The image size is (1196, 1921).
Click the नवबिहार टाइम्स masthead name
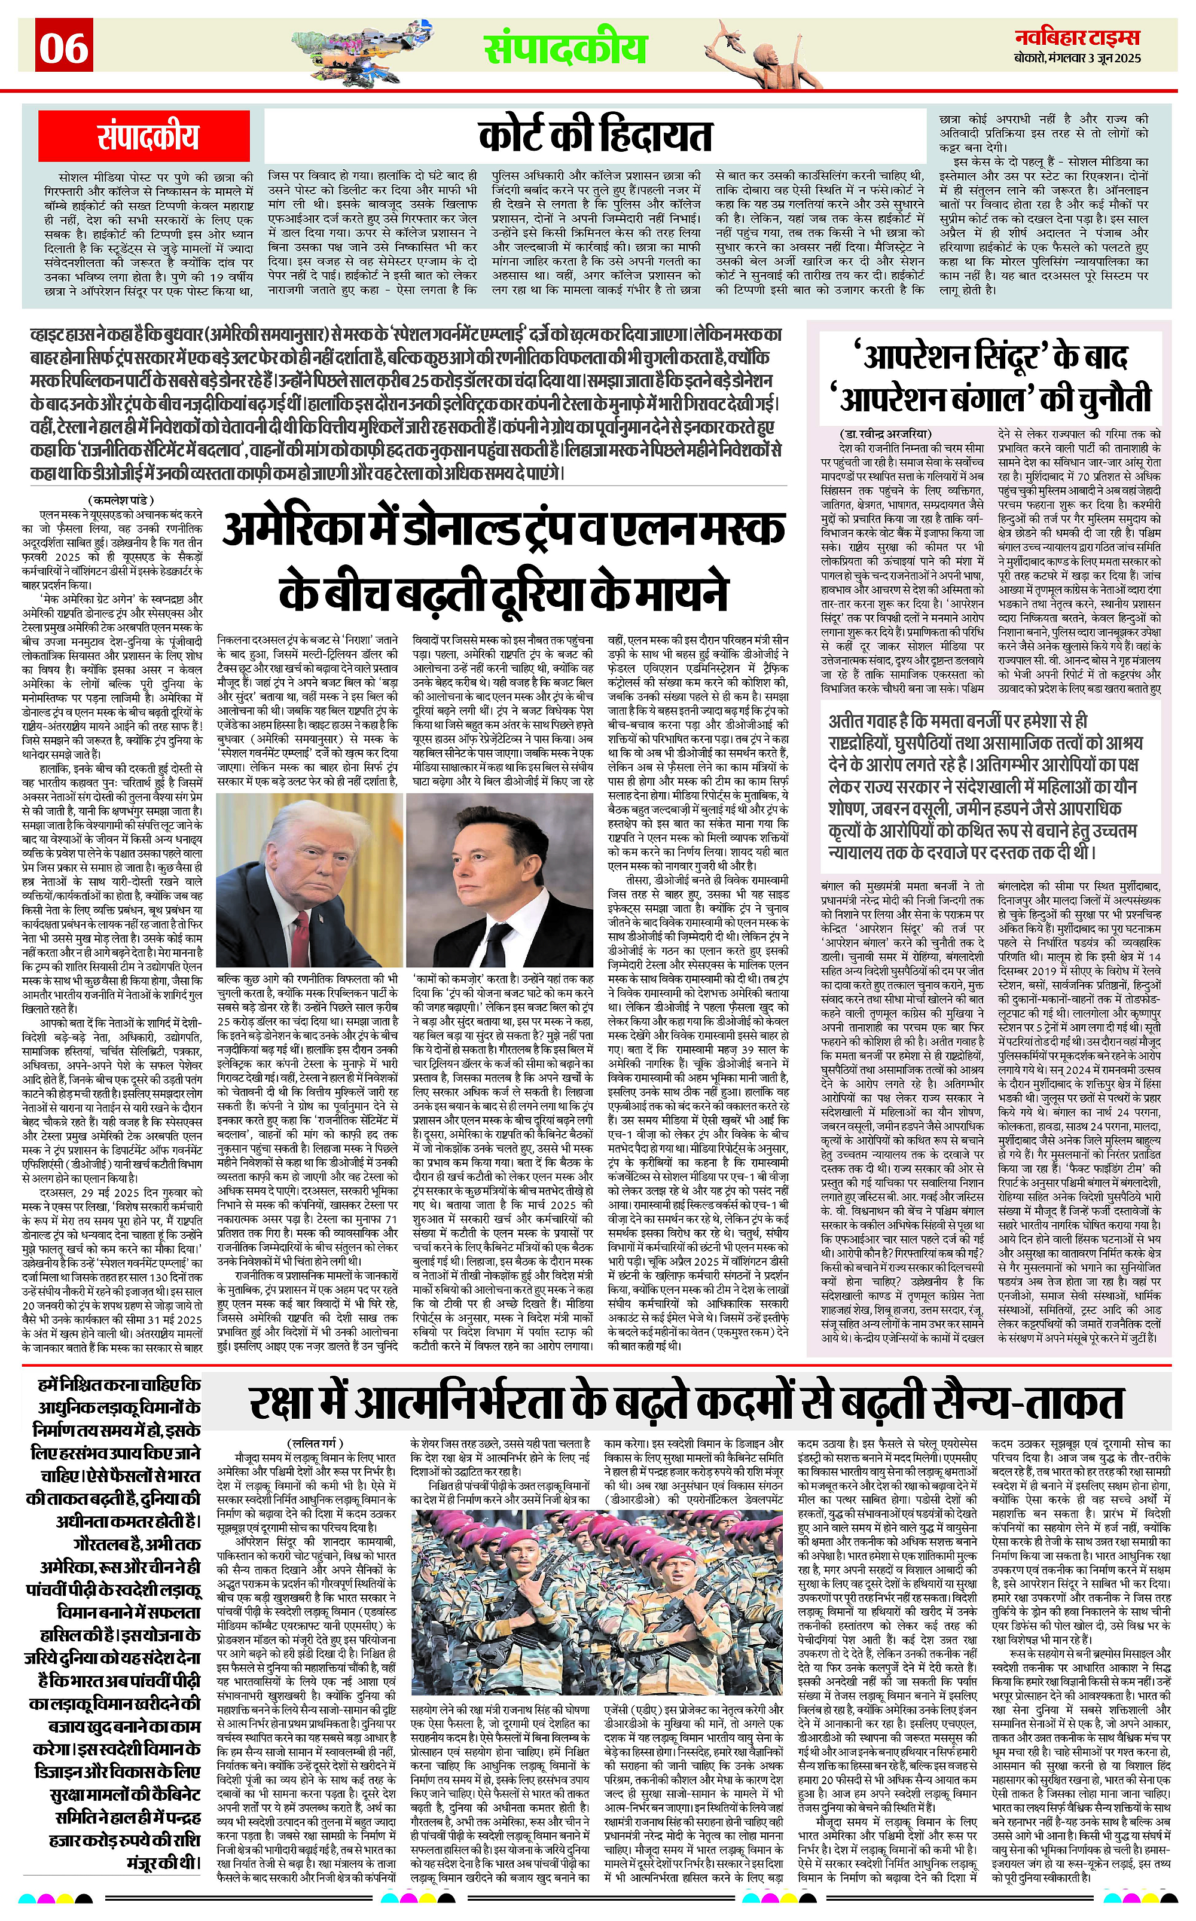pyautogui.click(x=1078, y=37)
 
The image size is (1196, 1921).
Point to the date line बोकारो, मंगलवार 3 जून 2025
pyautogui.click(x=1078, y=59)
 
